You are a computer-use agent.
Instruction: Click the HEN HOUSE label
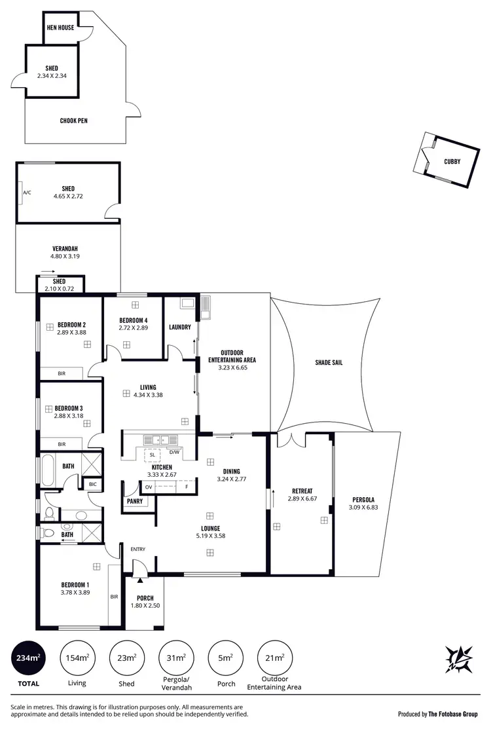click(x=60, y=28)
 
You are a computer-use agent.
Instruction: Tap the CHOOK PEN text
click(x=73, y=121)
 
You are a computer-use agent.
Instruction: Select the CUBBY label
click(x=452, y=161)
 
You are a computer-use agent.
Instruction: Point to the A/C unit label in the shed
click(x=27, y=193)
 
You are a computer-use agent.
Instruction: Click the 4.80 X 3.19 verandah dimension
click(x=65, y=257)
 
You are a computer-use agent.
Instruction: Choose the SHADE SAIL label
click(x=329, y=362)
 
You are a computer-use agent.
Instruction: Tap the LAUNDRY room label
click(x=179, y=327)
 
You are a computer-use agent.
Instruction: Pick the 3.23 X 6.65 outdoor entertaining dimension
click(x=232, y=368)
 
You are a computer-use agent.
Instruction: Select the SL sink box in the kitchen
click(x=153, y=455)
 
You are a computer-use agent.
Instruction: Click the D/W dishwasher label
click(x=174, y=452)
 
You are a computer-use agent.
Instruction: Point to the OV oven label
click(x=149, y=487)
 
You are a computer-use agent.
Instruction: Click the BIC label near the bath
click(x=92, y=484)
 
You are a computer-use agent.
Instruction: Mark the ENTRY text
click(x=138, y=549)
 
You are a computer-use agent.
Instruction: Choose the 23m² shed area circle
click(x=126, y=658)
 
